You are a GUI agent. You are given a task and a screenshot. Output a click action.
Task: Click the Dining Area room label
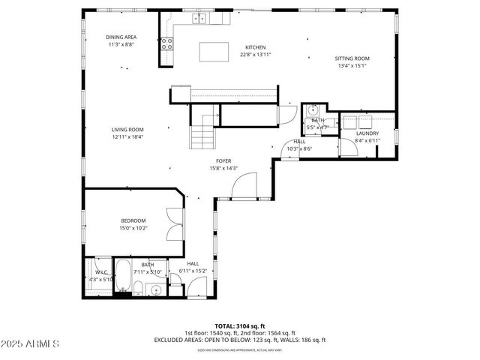pyautogui.click(x=121, y=37)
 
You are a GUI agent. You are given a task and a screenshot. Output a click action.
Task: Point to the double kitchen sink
pyautogui.click(x=199, y=19)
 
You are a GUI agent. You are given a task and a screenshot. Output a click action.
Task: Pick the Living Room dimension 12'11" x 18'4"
pyautogui.click(x=127, y=137)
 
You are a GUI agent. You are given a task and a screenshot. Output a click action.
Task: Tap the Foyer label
pyautogui.click(x=223, y=160)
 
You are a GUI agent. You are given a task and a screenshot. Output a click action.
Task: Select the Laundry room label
pyautogui.click(x=367, y=133)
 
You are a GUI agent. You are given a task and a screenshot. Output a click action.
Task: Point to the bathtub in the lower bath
pyautogui.click(x=127, y=282)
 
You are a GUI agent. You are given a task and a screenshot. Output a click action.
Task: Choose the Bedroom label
pyautogui.click(x=133, y=220)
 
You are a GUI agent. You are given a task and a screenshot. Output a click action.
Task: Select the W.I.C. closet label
pyautogui.click(x=100, y=272)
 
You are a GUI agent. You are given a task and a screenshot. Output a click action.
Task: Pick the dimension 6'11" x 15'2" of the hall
pyautogui.click(x=193, y=271)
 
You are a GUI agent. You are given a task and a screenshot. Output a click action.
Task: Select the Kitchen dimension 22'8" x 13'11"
pyautogui.click(x=255, y=55)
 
